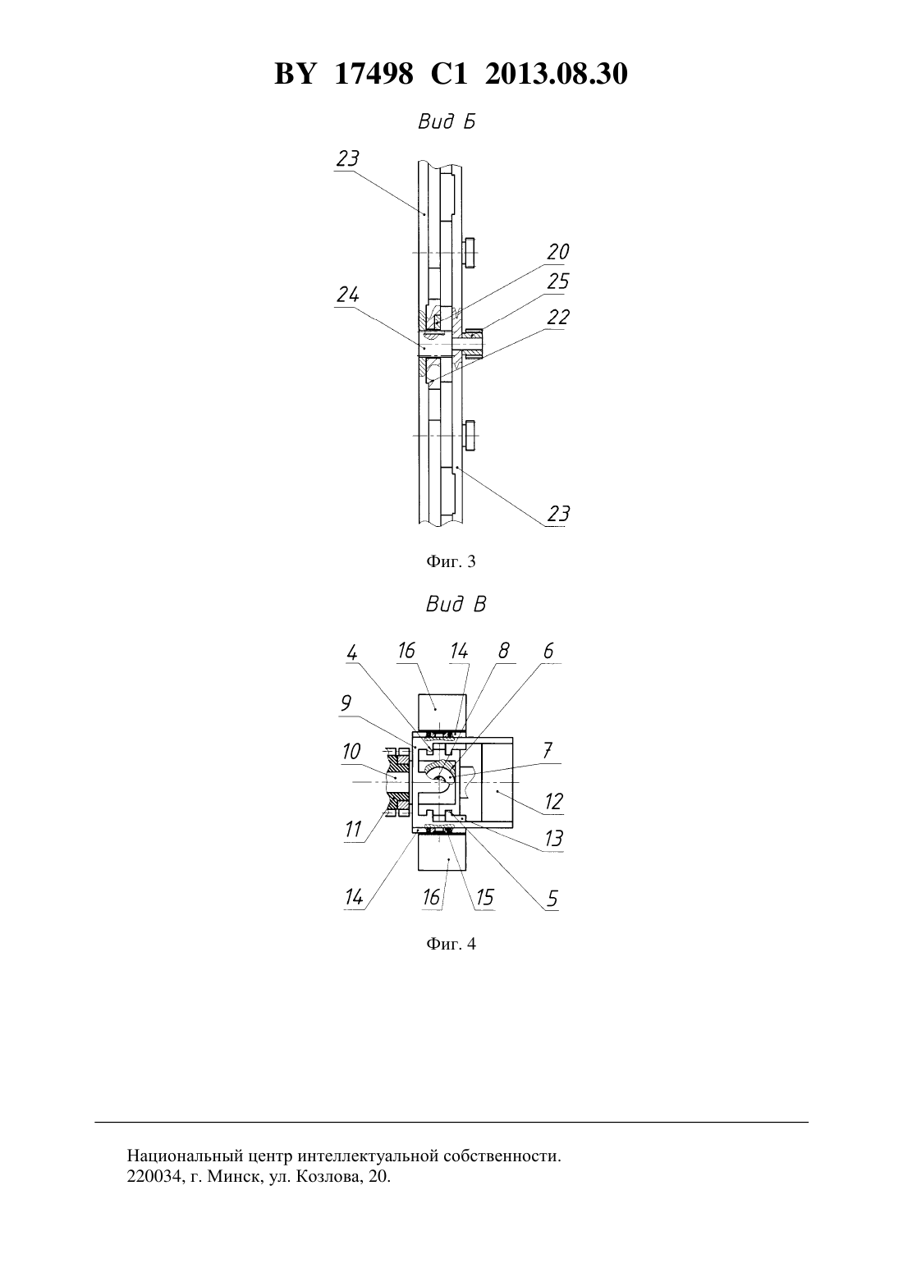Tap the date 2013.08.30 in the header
557,74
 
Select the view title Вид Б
447,121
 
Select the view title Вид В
456,604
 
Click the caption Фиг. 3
451,561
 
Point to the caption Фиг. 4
451,944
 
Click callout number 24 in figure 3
348,295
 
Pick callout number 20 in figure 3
557,251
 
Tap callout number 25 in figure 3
557,281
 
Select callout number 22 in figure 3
557,317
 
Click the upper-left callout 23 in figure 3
347,158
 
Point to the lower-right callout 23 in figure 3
558,514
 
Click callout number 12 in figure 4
553,802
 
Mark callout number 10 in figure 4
351,752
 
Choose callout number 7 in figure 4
548,749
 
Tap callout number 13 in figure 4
553,838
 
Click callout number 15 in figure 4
484,897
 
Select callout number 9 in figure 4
346,703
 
